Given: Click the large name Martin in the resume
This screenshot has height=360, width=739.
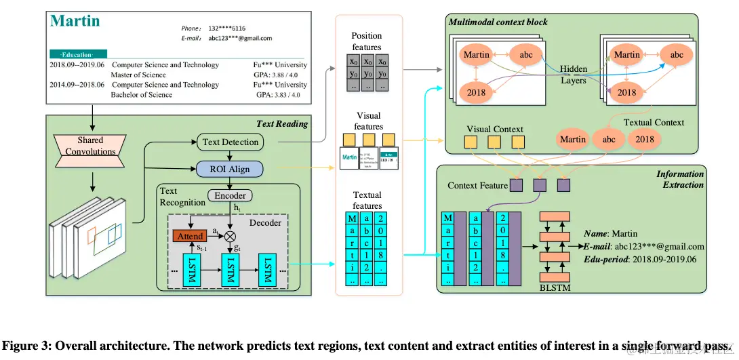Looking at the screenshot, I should pyautogui.click(x=75, y=21).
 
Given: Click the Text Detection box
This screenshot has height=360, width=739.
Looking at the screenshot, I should pyautogui.click(x=231, y=142).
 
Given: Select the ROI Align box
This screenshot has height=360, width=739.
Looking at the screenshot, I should pyautogui.click(x=231, y=169).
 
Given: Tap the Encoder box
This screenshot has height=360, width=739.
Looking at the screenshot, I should pyautogui.click(x=230, y=195).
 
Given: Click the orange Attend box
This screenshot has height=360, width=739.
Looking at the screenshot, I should pyautogui.click(x=189, y=236).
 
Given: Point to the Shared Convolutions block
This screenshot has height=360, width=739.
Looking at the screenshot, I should pyautogui.click(x=89, y=146).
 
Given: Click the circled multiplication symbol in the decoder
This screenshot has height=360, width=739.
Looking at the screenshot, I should pyautogui.click(x=231, y=235).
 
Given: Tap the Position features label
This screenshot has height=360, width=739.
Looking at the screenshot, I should pyautogui.click(x=366, y=41).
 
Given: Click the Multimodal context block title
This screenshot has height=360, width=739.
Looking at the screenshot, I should pyautogui.click(x=498, y=22).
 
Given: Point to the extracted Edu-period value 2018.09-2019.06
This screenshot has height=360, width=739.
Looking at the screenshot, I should pyautogui.click(x=665, y=260).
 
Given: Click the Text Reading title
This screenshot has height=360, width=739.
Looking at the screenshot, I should pyautogui.click(x=282, y=123).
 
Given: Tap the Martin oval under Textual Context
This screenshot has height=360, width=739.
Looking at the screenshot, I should pyautogui.click(x=572, y=140).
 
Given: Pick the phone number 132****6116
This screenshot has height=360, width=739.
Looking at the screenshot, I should pyautogui.click(x=227, y=28).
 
